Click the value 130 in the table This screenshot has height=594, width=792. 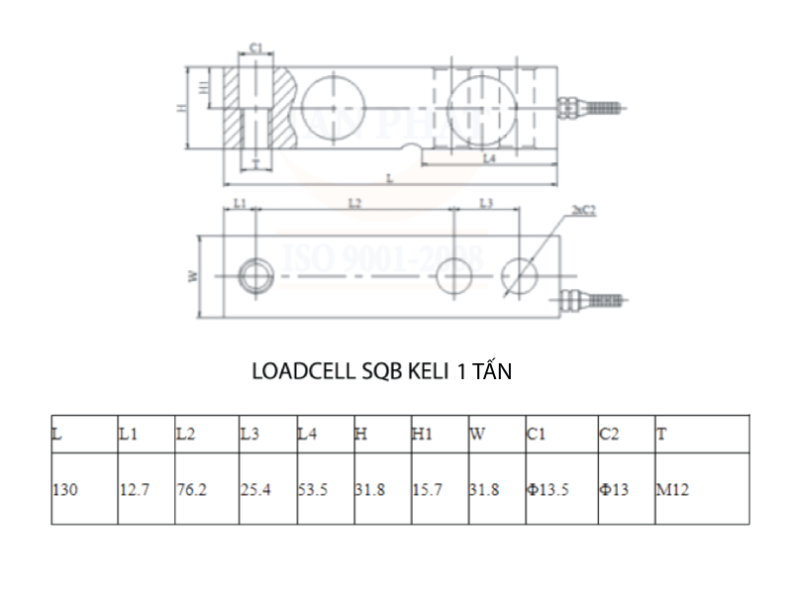pyautogui.click(x=65, y=490)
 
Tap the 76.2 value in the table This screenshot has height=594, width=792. pyautogui.click(x=191, y=490)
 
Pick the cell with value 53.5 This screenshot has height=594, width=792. pyautogui.click(x=314, y=490)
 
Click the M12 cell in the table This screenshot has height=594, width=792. pyautogui.click(x=672, y=490)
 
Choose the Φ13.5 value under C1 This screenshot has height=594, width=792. pyautogui.click(x=548, y=490)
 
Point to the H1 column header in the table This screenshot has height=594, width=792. pyautogui.click(x=423, y=434)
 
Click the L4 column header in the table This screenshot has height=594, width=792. pyautogui.click(x=307, y=434)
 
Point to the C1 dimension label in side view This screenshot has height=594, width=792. pyautogui.click(x=254, y=47)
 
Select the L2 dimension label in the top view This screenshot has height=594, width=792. pyautogui.click(x=354, y=203)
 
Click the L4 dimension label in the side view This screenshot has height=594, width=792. pyautogui.click(x=488, y=158)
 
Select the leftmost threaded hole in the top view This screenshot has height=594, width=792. pyautogui.click(x=256, y=272)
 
